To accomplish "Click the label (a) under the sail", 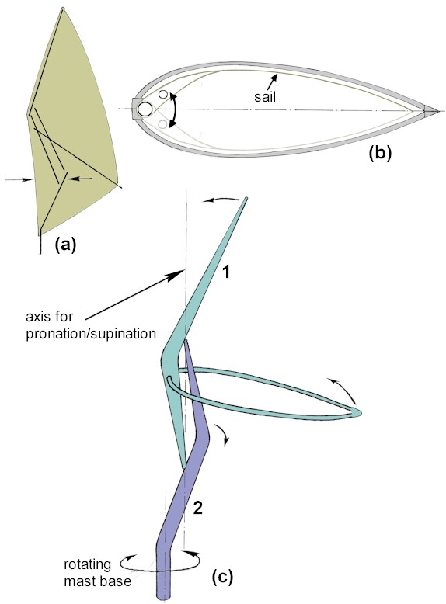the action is (65, 245).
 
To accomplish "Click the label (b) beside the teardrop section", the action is (380, 153).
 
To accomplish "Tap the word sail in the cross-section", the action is (265, 96).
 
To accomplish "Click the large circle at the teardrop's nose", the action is (145, 109).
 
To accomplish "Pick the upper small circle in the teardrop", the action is (163, 95).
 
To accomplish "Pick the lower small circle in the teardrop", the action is (163, 123).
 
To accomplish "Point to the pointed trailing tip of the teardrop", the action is (439, 111).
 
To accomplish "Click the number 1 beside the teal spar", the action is (226, 272).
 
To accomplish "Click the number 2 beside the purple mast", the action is (197, 509).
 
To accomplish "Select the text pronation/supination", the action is (91, 334).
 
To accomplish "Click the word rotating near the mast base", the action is (87, 564).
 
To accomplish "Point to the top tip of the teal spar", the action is (246, 199).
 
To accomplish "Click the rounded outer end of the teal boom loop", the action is (359, 412).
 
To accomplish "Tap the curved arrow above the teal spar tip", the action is (221, 199).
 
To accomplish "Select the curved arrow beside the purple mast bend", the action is (223, 435).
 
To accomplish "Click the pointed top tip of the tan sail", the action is (63, 8).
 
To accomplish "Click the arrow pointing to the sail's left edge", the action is (19, 179).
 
